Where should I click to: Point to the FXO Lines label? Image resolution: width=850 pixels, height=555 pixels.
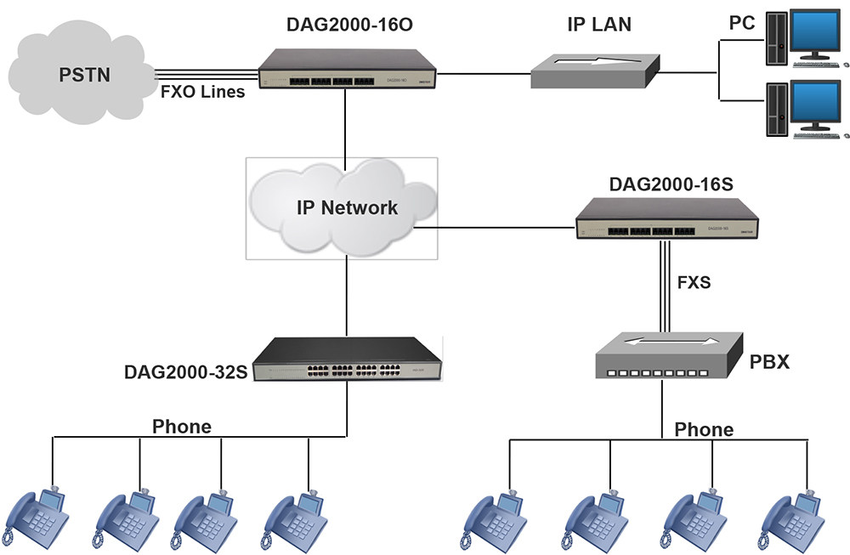(x=202, y=92)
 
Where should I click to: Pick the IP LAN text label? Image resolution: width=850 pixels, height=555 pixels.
(x=599, y=24)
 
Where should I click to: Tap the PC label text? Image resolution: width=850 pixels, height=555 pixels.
(x=742, y=24)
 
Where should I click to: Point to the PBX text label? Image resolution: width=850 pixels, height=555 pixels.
(x=770, y=362)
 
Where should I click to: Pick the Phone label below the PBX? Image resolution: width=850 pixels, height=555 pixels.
(x=704, y=429)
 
